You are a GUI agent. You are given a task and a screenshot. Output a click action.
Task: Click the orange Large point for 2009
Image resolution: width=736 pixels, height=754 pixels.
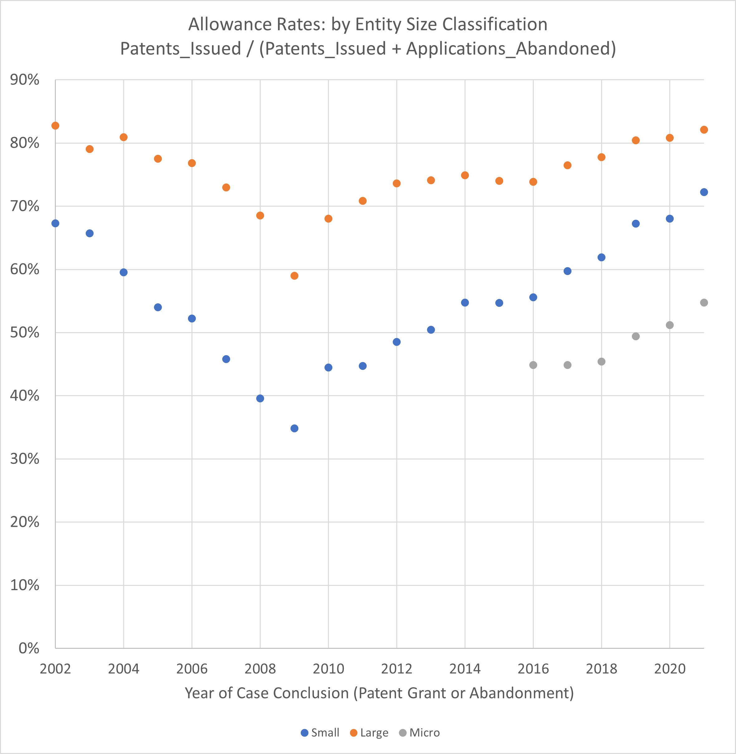pos(294,276)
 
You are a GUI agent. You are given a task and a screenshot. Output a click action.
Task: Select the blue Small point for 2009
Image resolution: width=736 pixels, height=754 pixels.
pos(294,428)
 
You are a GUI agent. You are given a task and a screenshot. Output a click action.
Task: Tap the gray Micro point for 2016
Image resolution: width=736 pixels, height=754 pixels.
pos(533,365)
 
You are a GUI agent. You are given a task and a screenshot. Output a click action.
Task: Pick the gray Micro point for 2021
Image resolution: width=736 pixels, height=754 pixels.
pos(704,303)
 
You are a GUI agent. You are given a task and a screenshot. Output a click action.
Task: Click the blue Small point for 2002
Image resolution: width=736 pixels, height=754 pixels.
pos(55,223)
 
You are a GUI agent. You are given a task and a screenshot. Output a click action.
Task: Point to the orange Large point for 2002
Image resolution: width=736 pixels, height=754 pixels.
pos(55,126)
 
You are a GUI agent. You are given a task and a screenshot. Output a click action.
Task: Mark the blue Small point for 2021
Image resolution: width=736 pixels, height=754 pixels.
pos(704,192)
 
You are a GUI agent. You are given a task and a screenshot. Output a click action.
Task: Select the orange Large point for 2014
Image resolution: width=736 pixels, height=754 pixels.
pos(465,175)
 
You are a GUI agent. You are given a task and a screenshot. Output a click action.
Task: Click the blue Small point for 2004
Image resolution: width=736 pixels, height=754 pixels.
pos(124,272)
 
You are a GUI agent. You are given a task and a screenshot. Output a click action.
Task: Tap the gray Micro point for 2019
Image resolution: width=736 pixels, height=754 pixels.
pos(636,336)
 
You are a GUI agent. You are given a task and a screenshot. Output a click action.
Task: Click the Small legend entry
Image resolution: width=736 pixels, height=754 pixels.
pos(320,733)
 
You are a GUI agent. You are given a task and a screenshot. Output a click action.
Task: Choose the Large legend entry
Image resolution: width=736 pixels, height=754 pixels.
pos(369,733)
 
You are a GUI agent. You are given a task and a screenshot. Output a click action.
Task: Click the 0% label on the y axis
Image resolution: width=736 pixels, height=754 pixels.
pos(29,648)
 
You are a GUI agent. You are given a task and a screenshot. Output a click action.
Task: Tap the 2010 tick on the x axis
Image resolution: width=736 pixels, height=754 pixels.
pos(328,669)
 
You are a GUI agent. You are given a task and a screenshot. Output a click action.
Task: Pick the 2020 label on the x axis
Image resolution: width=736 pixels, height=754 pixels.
pos(670,669)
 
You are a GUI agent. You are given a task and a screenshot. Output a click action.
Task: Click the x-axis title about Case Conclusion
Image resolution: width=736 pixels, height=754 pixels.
pos(379,693)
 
